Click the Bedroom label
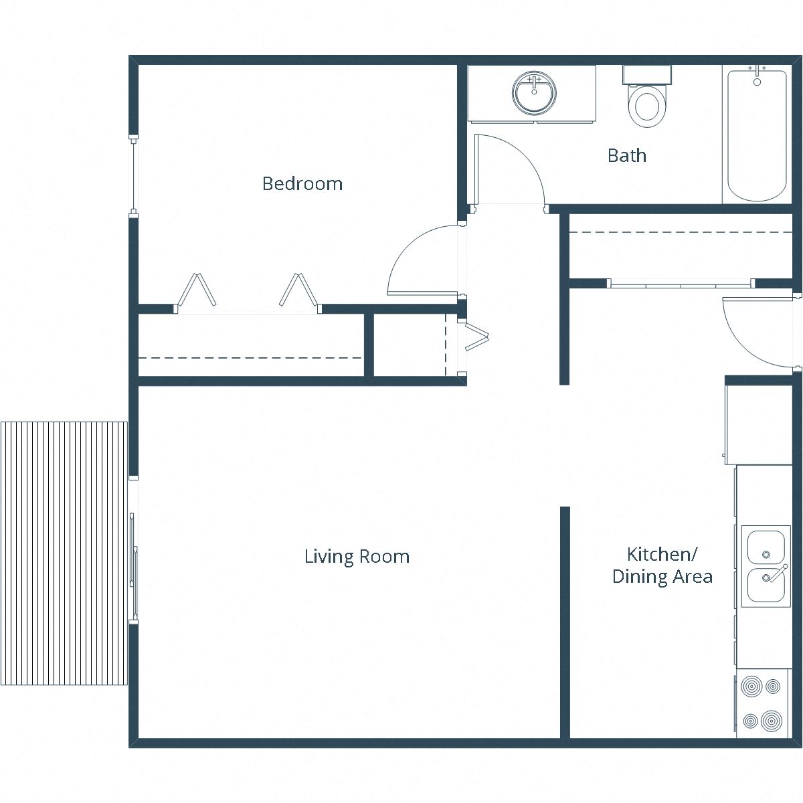302,183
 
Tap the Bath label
626,155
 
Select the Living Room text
357,556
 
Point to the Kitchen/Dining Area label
662,565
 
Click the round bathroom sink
534,93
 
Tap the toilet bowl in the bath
647,106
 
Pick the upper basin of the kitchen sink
766,547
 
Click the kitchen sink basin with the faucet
766,585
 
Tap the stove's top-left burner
751,687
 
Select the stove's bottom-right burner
772,721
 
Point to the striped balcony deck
64,553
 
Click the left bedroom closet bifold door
196,290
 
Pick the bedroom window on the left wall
133,175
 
